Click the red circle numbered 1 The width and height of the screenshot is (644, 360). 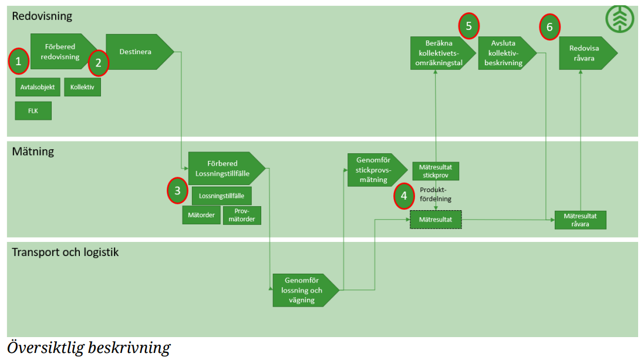point(18,61)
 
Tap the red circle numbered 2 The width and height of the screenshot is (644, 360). point(99,62)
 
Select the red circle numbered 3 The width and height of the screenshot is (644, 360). point(177,191)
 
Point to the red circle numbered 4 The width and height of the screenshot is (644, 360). point(404,196)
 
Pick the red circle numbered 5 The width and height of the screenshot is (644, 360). point(468,26)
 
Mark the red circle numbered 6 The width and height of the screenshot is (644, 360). point(549,27)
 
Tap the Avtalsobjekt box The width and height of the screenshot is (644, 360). point(37,88)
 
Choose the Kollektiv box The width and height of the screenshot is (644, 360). point(82,88)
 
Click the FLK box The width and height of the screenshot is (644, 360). point(33,110)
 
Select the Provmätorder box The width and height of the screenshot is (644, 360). point(242,215)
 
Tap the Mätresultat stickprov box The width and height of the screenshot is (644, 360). point(436,171)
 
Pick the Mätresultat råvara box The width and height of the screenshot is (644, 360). point(580,220)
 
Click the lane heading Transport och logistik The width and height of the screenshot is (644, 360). point(66,252)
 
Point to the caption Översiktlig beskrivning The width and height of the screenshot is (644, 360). point(89,348)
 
